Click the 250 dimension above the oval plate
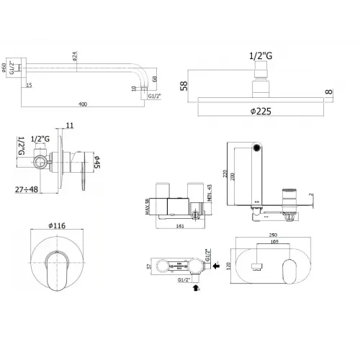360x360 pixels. click(271, 235)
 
